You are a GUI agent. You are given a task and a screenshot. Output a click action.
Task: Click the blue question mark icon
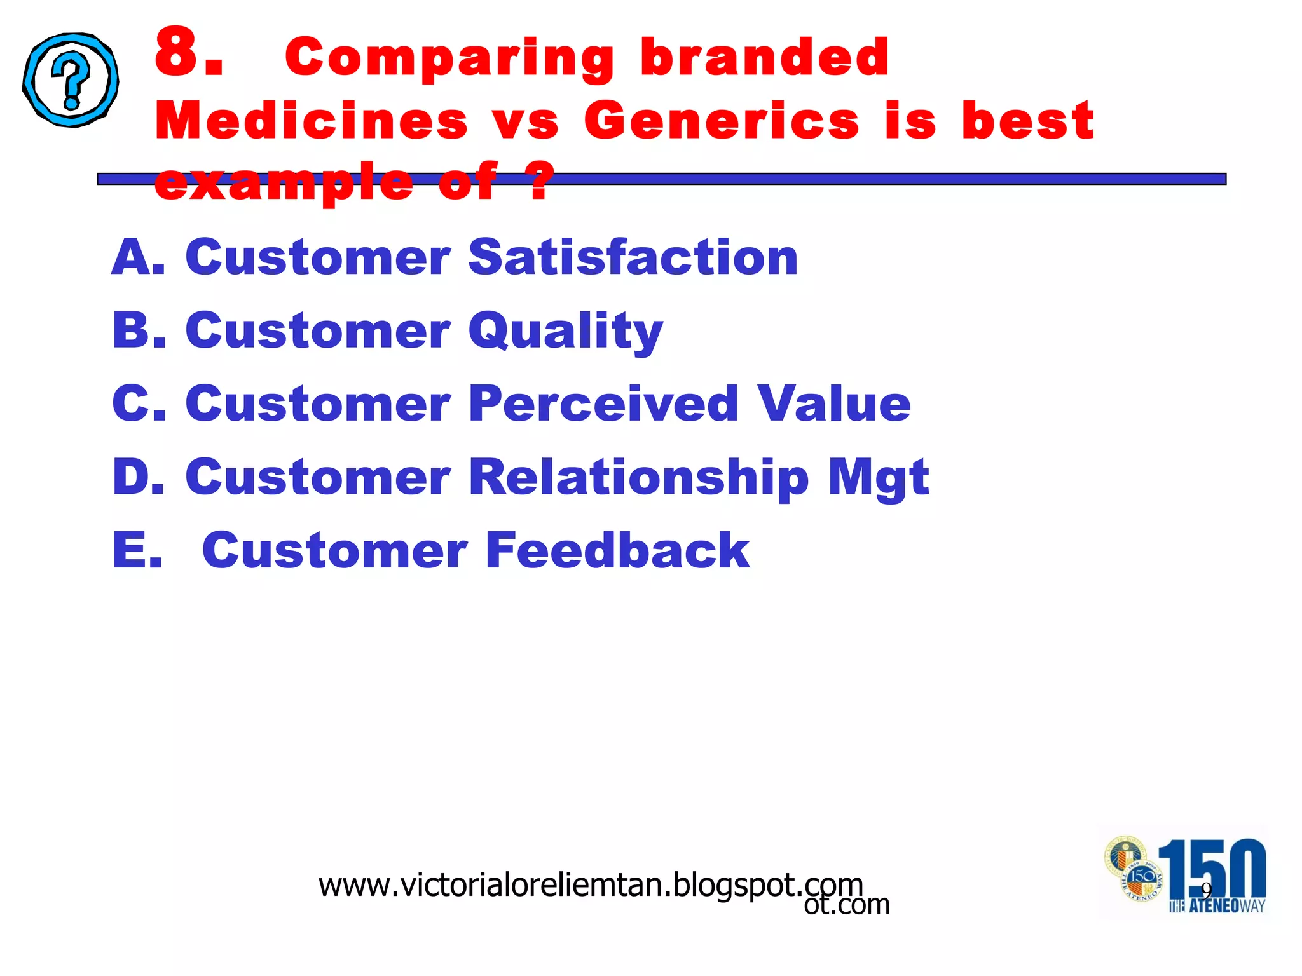click(x=71, y=81)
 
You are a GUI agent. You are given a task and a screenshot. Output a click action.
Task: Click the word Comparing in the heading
click(x=449, y=58)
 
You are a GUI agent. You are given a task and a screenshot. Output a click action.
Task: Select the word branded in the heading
click(x=764, y=57)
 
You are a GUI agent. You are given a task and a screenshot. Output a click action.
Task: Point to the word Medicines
click(x=312, y=121)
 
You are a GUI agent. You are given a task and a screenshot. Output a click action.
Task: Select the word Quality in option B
click(x=565, y=332)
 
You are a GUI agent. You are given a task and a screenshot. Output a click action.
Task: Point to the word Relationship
click(x=638, y=478)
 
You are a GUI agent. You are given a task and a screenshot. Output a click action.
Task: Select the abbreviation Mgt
click(x=878, y=478)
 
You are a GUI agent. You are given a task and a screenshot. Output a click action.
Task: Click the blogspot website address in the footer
click(x=590, y=885)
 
